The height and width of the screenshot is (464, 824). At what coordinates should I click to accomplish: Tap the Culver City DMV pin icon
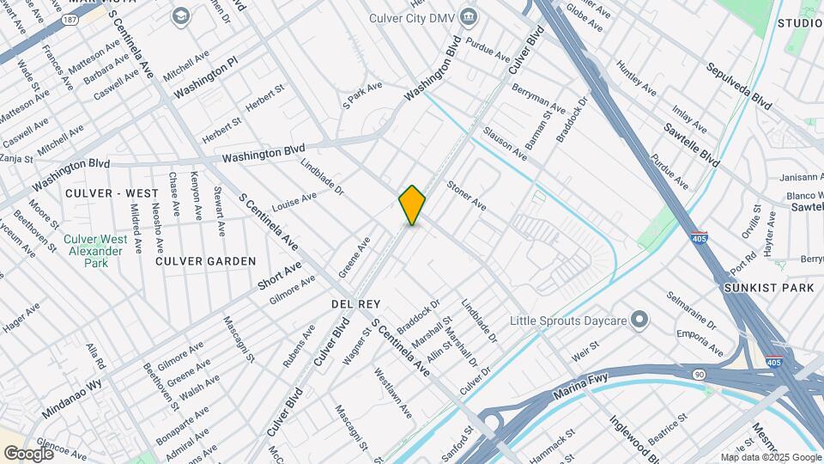pos(469,16)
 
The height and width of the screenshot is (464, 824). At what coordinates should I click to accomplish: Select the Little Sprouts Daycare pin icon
pos(639,321)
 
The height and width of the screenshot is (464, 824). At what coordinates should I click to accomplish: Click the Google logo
pos(27,453)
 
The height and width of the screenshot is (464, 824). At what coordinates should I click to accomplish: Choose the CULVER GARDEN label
pos(205,260)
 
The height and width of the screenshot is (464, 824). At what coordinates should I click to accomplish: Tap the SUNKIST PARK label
pos(768,288)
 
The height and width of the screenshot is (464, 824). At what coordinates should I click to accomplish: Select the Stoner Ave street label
pos(467,196)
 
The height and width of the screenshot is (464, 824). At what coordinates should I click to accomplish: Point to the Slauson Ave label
pos(505,143)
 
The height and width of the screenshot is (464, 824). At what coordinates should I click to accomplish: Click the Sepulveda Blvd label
pos(739,86)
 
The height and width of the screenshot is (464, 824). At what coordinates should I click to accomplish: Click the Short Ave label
pos(279,277)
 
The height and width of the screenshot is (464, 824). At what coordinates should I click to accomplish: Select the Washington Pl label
pos(207,77)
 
